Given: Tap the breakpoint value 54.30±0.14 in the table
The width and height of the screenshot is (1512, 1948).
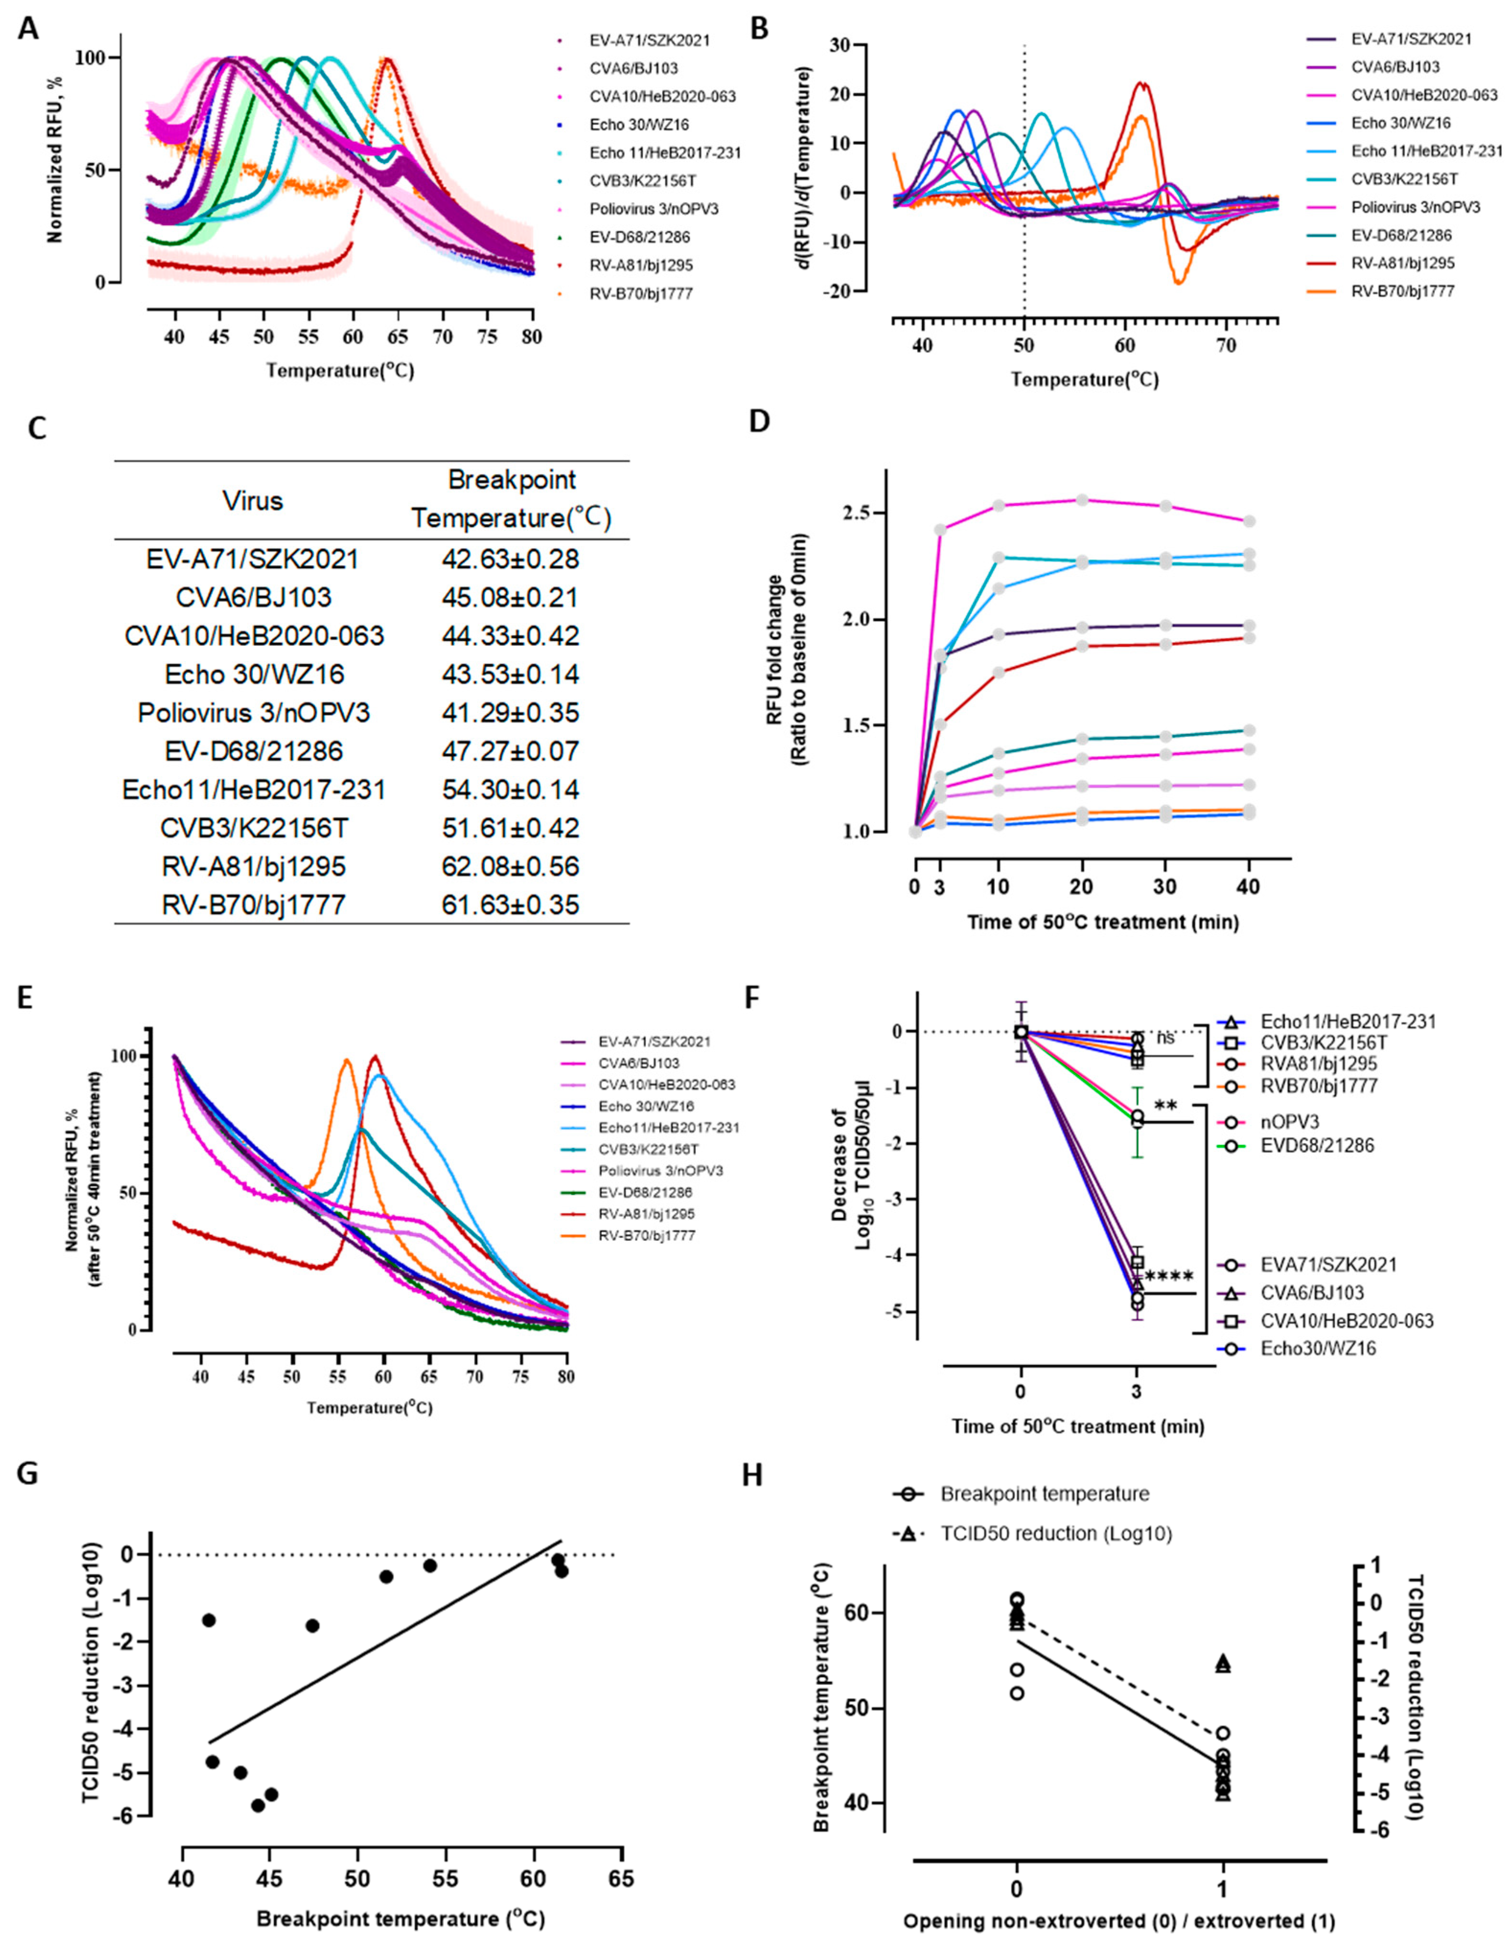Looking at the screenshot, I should (x=510, y=789).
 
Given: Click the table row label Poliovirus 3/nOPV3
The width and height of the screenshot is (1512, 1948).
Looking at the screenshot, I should (x=253, y=712).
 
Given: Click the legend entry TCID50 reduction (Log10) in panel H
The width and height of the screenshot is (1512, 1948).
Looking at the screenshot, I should (x=1056, y=1533).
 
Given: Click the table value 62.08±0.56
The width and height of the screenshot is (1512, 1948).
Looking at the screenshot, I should (x=510, y=866).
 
